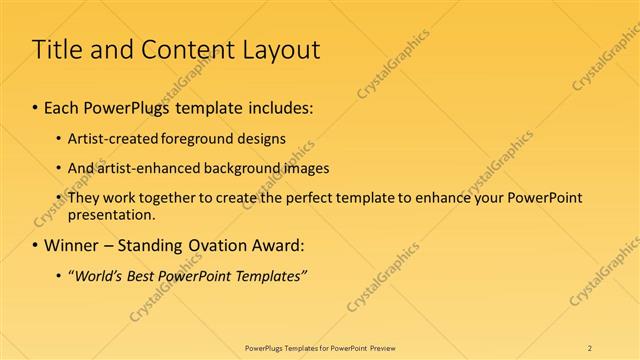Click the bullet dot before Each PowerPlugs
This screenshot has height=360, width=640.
point(36,106)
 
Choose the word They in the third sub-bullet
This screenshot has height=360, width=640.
point(83,198)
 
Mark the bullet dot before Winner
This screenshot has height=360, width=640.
point(36,245)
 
